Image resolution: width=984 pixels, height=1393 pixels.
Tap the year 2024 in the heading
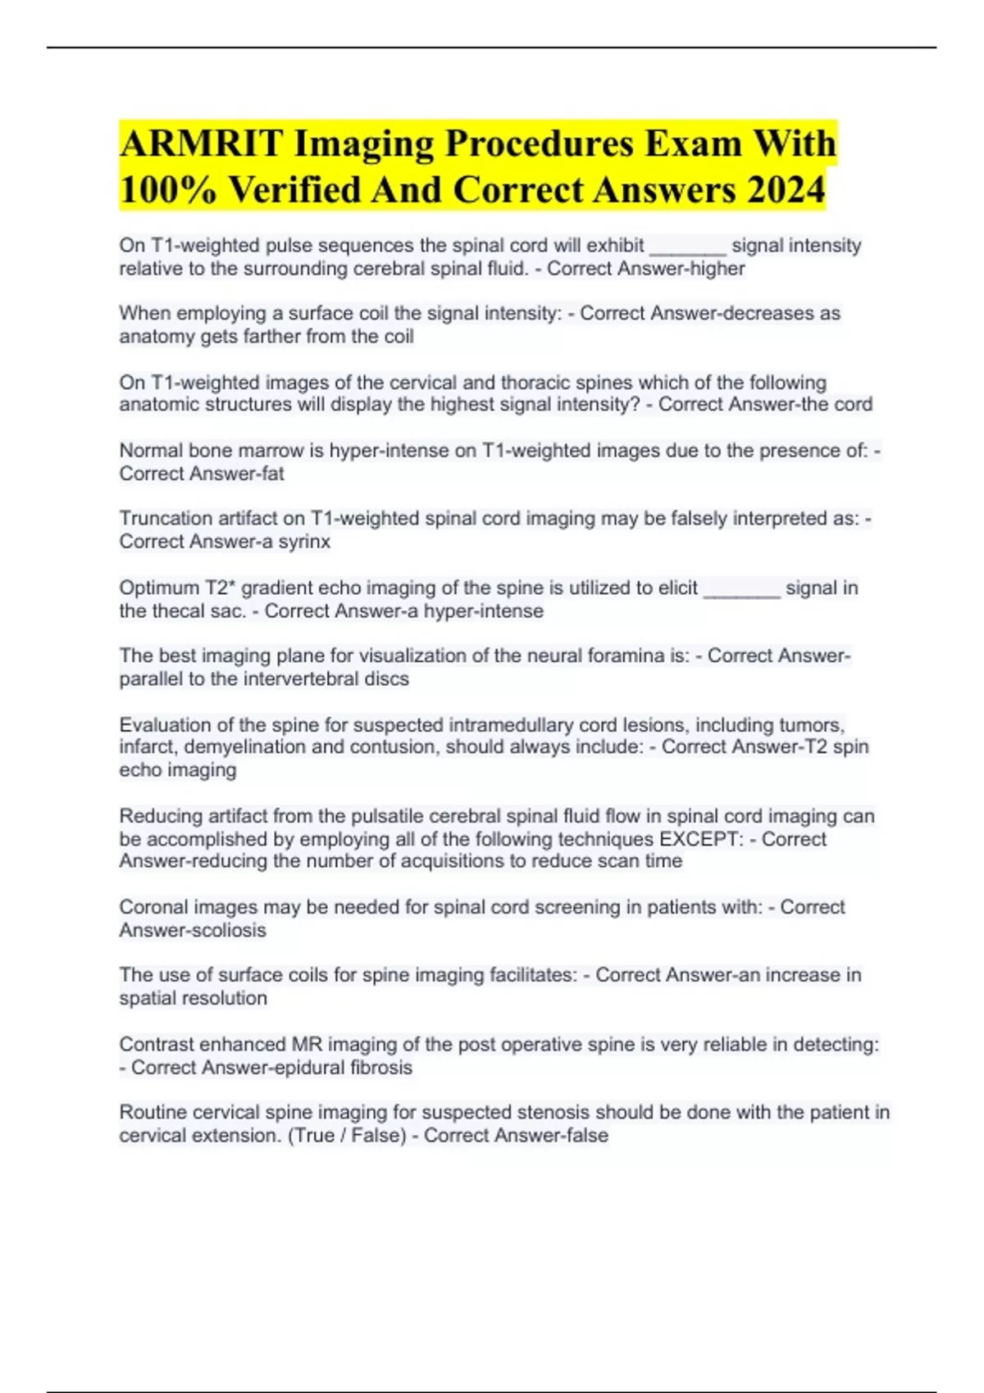(786, 190)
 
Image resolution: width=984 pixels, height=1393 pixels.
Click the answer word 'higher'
(717, 269)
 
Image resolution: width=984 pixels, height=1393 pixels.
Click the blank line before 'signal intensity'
(687, 246)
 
